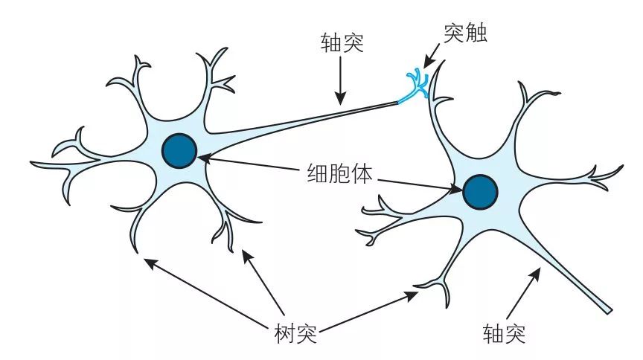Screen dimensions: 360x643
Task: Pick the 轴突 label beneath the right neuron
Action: (x=504, y=332)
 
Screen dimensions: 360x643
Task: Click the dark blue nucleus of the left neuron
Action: (x=179, y=151)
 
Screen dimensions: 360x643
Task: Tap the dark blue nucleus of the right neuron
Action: (x=480, y=192)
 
